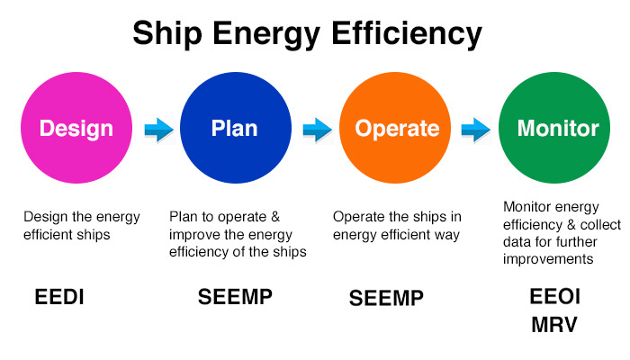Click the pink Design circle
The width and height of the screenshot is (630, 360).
click(x=76, y=128)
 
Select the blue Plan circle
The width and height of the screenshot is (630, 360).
click(x=234, y=128)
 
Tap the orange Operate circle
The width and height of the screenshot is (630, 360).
click(x=397, y=128)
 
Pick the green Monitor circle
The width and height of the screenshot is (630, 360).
click(x=557, y=128)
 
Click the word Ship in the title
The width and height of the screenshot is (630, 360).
click(x=166, y=34)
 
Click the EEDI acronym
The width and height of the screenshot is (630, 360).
click(x=60, y=297)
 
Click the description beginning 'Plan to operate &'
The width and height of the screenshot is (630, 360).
click(x=238, y=234)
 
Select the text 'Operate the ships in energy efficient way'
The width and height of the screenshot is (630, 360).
click(x=397, y=226)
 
